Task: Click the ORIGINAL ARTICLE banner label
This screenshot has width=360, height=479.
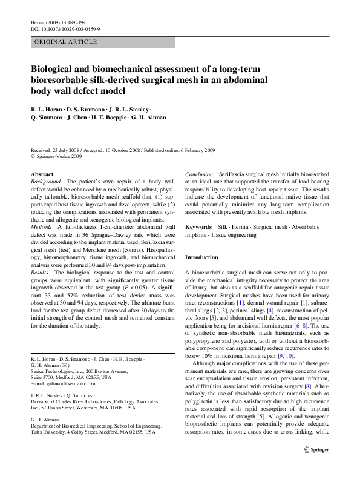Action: click(66, 42)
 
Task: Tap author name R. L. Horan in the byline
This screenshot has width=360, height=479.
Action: click(47, 108)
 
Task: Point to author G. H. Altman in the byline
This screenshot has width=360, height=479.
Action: click(149, 117)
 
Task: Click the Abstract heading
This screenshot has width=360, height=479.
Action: click(42, 174)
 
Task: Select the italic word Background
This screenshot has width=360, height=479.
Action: click(46, 182)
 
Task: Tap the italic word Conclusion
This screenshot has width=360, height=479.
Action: click(199, 174)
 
